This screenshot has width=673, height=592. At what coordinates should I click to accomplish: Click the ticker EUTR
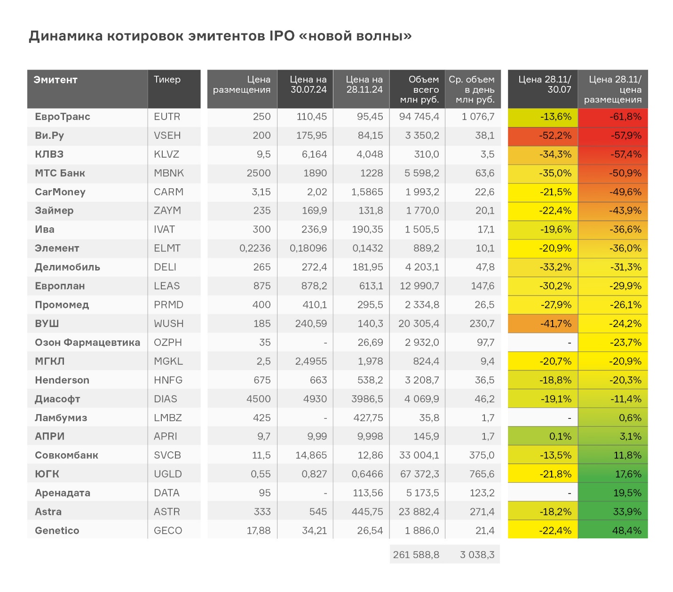(x=167, y=117)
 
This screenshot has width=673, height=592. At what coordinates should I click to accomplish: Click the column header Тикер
(x=167, y=80)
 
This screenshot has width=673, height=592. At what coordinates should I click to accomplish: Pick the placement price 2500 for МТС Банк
(x=258, y=173)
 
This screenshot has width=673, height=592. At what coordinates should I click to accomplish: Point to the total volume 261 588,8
(x=416, y=555)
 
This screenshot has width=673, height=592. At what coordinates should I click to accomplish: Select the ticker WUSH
(x=168, y=324)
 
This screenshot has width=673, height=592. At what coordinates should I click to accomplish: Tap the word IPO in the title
(x=281, y=36)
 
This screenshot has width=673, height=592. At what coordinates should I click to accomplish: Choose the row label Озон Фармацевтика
(x=87, y=343)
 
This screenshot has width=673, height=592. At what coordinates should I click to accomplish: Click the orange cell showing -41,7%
(x=555, y=324)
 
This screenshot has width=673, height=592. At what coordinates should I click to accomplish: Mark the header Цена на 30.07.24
(x=308, y=85)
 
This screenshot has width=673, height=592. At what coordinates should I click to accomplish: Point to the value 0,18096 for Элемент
(x=308, y=248)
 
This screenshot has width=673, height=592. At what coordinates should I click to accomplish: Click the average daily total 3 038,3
(x=477, y=555)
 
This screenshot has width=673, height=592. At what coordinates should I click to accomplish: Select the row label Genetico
(x=57, y=531)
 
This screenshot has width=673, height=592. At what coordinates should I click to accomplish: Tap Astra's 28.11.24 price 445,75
(x=367, y=512)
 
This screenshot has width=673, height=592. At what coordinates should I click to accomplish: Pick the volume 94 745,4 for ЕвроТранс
(x=419, y=117)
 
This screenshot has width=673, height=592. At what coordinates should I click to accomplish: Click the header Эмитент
(x=55, y=80)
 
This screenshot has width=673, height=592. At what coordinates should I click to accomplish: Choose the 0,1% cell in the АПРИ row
(x=560, y=437)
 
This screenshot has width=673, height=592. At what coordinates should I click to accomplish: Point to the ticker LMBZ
(x=167, y=418)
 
